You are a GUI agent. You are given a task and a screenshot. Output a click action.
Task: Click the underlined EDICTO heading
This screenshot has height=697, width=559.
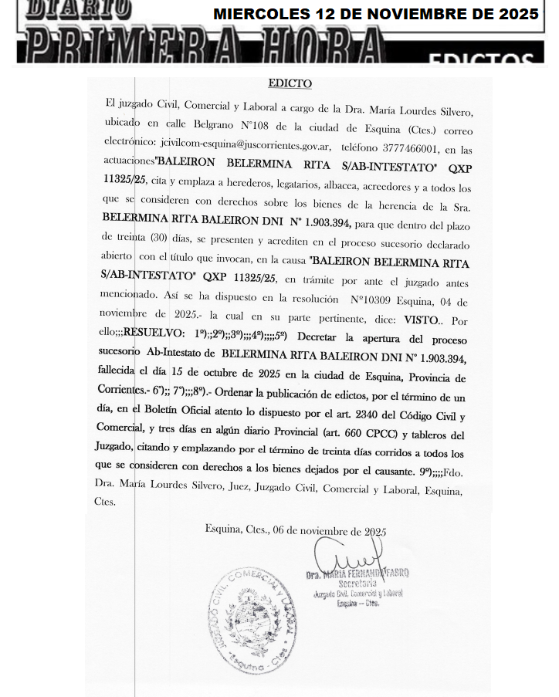click(x=290, y=83)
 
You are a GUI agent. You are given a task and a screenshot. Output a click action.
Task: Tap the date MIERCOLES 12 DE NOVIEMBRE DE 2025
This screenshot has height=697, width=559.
click(x=375, y=14)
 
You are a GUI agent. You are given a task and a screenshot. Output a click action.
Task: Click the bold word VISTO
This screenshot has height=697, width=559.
click(x=421, y=318)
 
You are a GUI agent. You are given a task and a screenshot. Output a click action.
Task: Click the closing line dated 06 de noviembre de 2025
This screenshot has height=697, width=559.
click(x=296, y=532)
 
